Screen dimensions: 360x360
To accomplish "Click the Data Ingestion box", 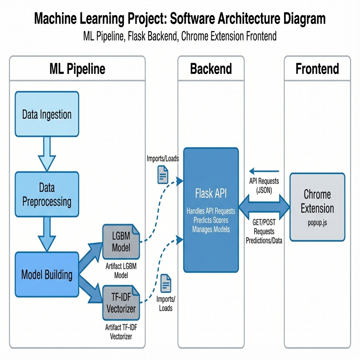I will coord(47,114).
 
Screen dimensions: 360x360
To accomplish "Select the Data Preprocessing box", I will coord(47,194).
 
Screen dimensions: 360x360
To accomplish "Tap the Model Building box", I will coord(47,275).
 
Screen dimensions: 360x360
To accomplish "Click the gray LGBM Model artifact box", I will coord(121,242).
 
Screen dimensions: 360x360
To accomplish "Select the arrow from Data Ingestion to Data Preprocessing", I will coord(47,154).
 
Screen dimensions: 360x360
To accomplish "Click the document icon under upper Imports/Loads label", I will coord(162,174).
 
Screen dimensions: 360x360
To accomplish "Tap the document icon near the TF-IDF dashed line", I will coord(166,283).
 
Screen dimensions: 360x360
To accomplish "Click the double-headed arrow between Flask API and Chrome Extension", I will coord(264,207).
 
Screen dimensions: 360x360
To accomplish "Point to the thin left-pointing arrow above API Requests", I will coord(264,171).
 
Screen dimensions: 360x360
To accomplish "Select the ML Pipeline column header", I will coord(77,69).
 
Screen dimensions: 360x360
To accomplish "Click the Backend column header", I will coord(211,69).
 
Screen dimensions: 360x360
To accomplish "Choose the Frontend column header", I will coord(317,69).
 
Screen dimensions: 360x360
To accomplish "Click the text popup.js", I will coord(317,223).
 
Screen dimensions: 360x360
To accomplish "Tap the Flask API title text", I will coord(211,194).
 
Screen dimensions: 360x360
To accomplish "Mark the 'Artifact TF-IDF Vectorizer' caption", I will coord(121,331).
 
